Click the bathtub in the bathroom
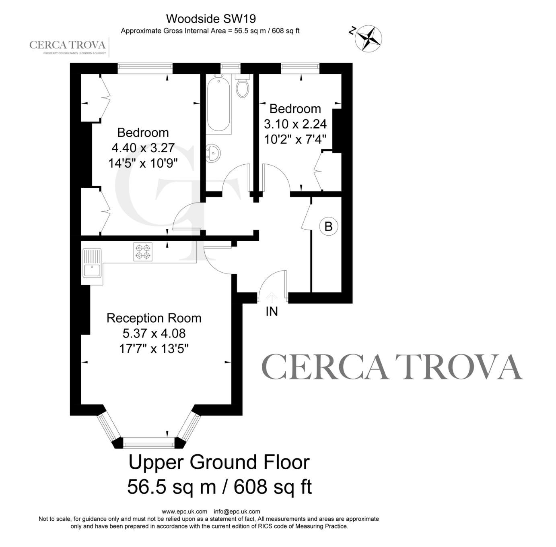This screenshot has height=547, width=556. pos(219,104)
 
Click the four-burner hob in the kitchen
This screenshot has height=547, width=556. pos(143,252)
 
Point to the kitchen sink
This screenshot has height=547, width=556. pos(92,263)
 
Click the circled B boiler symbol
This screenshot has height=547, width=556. pos(328,226)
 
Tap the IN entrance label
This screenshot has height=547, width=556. pos(272,311)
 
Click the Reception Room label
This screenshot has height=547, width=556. pos(154,318)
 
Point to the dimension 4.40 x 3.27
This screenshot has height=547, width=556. pos(143,148)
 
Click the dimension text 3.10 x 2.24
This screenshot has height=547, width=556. pos(295,124)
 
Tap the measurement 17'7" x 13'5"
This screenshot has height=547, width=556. pos(154,349)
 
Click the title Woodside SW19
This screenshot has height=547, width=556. pos(211,19)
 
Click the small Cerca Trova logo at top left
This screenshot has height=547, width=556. pos(68,47)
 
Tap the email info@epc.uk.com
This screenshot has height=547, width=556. pos(237,512)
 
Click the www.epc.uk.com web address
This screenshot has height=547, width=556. pos(185,512)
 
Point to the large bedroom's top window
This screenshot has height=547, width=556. pos(145,68)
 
